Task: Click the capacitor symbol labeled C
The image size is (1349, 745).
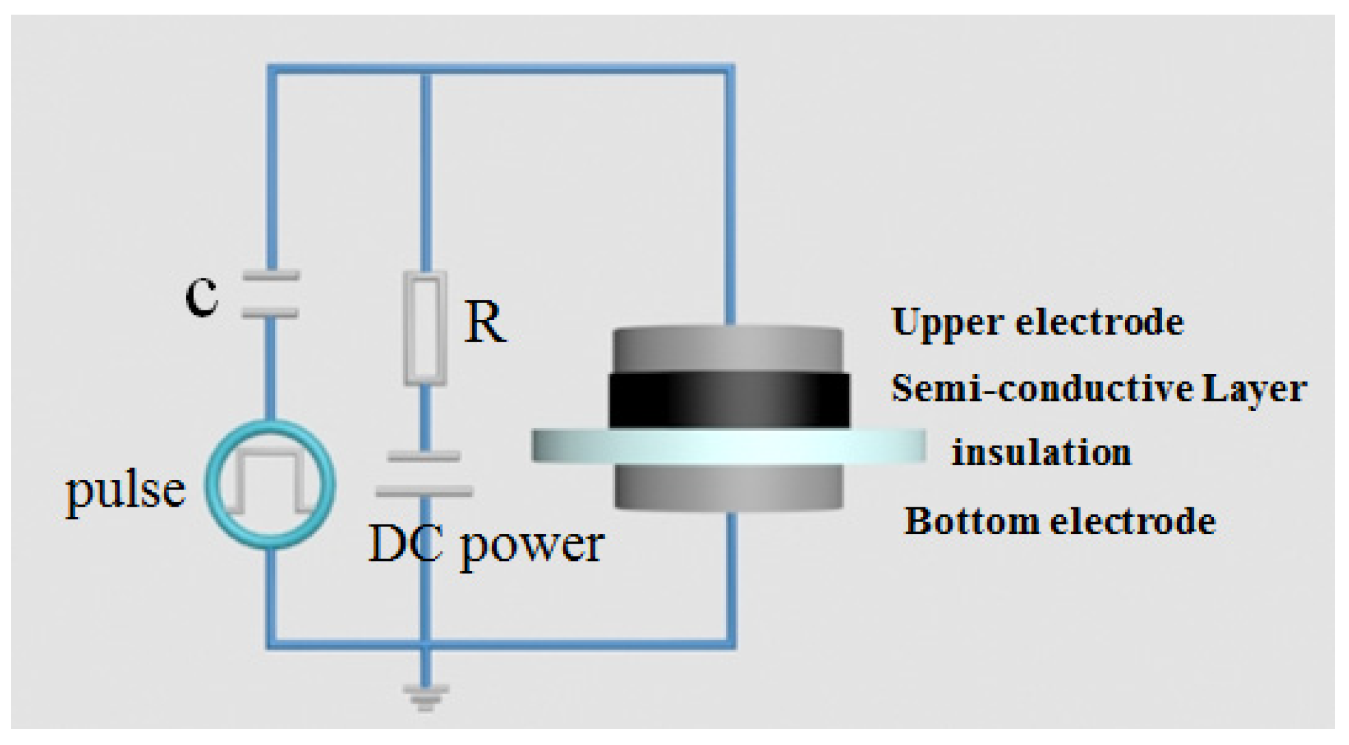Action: pyautogui.click(x=270, y=294)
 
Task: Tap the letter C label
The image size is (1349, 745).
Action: pyautogui.click(x=202, y=296)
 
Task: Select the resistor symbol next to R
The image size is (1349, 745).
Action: pyautogui.click(x=425, y=328)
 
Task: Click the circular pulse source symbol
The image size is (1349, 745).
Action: pyautogui.click(x=270, y=484)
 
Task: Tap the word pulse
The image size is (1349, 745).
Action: pyautogui.click(x=126, y=491)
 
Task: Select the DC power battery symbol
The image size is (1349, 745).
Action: pyautogui.click(x=425, y=474)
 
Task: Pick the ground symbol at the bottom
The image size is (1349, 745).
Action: pyautogui.click(x=425, y=697)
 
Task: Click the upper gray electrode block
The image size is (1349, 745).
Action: pyautogui.click(x=727, y=350)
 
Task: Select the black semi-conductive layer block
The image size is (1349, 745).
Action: pyautogui.click(x=729, y=400)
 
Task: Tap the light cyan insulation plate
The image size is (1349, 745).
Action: pyautogui.click(x=728, y=445)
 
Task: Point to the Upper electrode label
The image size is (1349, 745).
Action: pyautogui.click(x=1038, y=322)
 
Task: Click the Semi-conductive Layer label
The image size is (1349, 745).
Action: pyautogui.click(x=1098, y=388)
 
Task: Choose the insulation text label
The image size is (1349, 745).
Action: pyautogui.click(x=1042, y=453)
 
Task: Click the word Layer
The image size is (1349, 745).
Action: pyautogui.click(x=1254, y=389)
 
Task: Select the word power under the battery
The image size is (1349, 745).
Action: pyautogui.click(x=533, y=546)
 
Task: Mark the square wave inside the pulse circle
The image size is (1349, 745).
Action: pyautogui.click(x=270, y=482)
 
